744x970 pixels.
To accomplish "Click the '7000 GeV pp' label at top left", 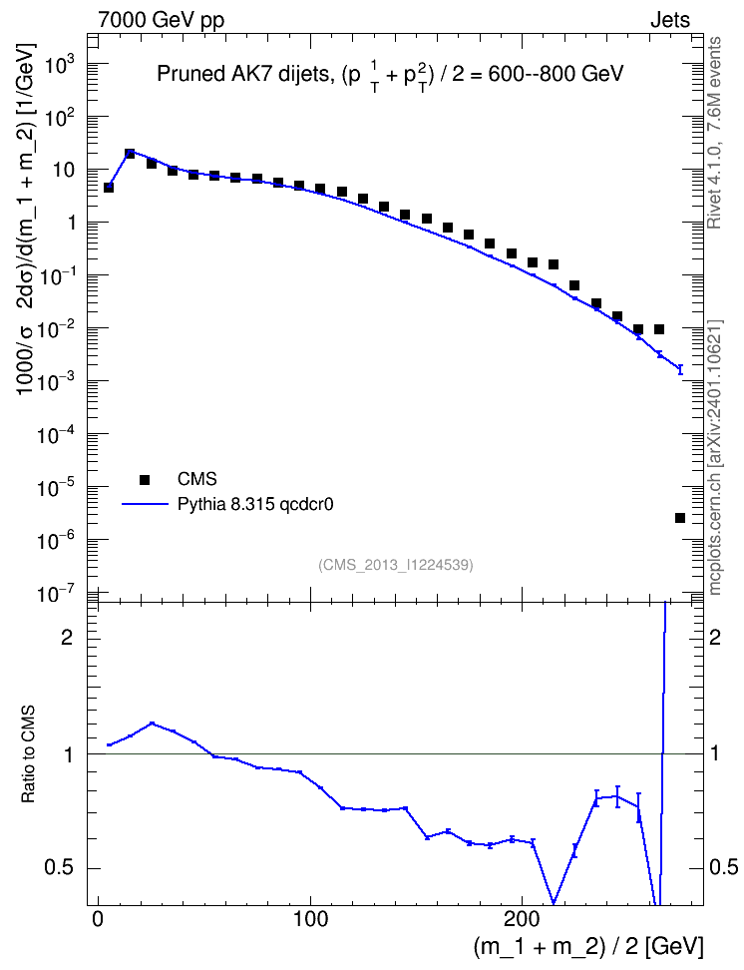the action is coord(161,20).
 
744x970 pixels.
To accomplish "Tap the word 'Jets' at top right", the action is coord(670,20).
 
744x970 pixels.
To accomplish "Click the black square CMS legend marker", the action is coord(145,479).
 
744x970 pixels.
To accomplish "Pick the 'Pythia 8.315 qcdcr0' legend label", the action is coord(255,505).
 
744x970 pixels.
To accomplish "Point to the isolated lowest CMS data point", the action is coord(680,518).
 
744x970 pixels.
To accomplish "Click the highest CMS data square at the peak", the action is coord(130,154).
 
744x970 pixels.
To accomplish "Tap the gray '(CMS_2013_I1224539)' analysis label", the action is coord(396,565).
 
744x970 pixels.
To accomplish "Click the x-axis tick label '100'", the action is coord(310,919).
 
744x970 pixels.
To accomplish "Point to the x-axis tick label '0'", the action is coord(98,919).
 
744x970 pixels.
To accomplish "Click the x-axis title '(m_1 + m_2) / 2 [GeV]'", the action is coord(588,947).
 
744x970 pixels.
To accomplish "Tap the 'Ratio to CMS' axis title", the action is coord(28,754).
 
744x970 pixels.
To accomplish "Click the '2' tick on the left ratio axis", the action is coord(67,638).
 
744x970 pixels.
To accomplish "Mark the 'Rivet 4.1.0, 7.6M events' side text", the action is coord(714,133).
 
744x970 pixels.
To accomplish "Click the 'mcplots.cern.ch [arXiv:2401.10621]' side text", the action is coord(714,458).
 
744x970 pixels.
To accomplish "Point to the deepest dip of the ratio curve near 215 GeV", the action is coord(554,903).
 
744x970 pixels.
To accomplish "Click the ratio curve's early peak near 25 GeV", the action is coord(152,724).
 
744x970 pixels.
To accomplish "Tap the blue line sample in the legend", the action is coord(145,505).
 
